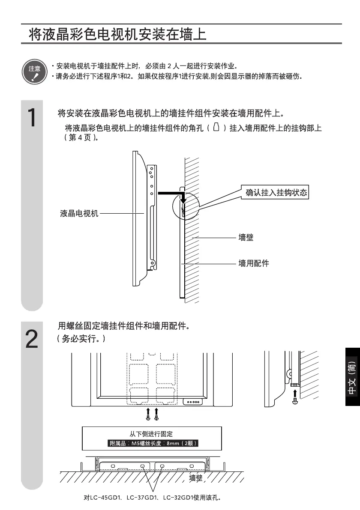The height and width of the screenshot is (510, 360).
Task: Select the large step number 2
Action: pyautogui.click(x=32, y=339)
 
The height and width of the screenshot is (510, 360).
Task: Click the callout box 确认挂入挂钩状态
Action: pyautogui.click(x=276, y=192)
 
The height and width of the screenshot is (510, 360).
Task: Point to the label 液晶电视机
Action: pyautogui.click(x=79, y=213)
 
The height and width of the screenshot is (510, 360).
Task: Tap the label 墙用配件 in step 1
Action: pyautogui.click(x=254, y=263)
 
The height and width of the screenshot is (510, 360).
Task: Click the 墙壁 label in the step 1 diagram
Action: pyautogui.click(x=246, y=237)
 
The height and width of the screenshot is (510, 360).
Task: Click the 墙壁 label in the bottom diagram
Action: pyautogui.click(x=196, y=478)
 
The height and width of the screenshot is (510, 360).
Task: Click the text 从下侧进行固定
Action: pyautogui.click(x=152, y=434)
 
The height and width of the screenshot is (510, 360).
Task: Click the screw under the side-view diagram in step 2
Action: pyautogui.click(x=294, y=402)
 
